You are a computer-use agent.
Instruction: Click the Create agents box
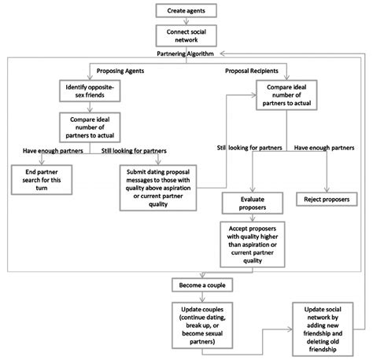(186, 10)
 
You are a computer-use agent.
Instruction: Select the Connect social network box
(186, 35)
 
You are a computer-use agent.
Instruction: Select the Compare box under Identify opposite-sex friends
(89, 127)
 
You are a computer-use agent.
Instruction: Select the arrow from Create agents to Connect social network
(186, 21)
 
